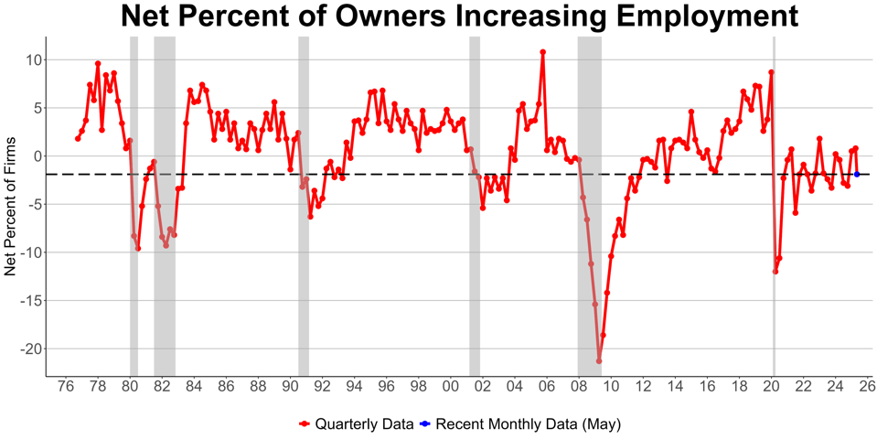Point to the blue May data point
pos(857,174)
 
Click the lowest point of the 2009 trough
pos(599,361)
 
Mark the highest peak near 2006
pos(542,52)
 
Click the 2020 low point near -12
pos(775,272)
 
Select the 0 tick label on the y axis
pos(35,155)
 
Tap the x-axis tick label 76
pos(66,387)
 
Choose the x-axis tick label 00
pos(450,387)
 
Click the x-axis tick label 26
pos(867,387)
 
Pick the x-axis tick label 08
pos(578,387)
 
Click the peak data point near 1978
pos(98,64)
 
